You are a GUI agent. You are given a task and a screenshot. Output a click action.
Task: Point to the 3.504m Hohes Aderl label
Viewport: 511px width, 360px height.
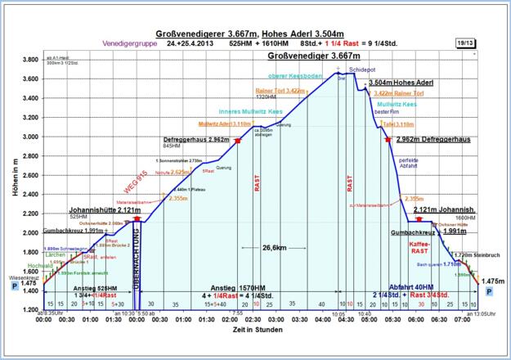coord(401,83)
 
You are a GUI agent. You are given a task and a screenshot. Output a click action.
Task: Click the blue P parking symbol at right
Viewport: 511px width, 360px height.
coord(490,290)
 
